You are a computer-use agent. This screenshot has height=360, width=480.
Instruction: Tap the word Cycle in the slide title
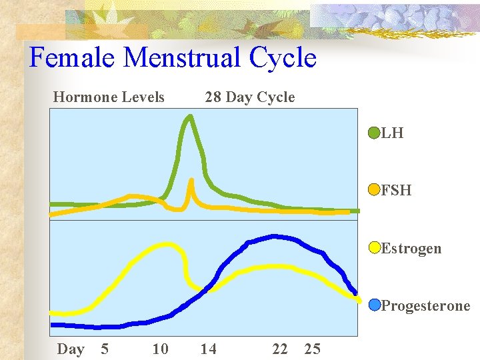283,58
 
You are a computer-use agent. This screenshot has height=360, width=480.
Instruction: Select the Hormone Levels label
109,97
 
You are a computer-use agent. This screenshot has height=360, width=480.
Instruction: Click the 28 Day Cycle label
249,97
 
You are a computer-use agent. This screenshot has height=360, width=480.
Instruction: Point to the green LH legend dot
375,132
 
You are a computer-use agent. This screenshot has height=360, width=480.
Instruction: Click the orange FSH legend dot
375,190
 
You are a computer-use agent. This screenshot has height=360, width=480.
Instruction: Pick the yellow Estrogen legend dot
375,248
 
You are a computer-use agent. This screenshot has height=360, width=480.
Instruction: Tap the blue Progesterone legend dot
375,305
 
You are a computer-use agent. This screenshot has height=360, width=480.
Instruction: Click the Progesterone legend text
425,306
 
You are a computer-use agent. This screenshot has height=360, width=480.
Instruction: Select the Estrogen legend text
411,249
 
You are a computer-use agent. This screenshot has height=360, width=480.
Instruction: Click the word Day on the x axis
71,349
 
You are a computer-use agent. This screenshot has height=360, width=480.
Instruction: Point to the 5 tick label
104,349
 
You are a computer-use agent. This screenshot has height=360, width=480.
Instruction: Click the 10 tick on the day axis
160,349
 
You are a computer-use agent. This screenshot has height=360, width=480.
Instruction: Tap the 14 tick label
209,349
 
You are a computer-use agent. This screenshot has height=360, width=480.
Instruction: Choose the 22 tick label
280,349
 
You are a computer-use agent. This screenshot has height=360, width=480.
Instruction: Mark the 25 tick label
312,349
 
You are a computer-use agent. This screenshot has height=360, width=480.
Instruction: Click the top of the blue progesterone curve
273,236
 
